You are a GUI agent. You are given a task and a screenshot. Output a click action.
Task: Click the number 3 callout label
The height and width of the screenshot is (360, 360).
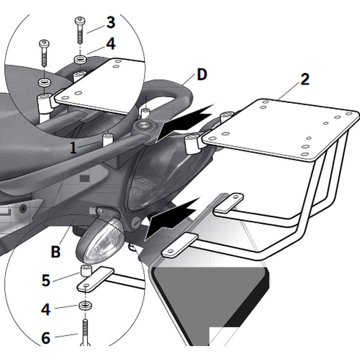click(111, 23)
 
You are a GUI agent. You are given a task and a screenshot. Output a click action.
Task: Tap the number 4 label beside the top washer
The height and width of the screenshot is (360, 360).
click(111, 44)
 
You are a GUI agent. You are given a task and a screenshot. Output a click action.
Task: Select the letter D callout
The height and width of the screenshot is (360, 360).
click(202, 75)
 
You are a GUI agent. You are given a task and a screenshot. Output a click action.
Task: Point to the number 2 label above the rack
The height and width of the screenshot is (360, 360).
click(305, 80)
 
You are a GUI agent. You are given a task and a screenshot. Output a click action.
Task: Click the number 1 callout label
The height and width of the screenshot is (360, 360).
click(73, 148)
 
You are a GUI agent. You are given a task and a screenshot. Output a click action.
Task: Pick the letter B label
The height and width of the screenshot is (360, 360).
click(55, 252)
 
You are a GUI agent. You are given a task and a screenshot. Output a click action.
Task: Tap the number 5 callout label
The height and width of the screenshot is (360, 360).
click(46, 280)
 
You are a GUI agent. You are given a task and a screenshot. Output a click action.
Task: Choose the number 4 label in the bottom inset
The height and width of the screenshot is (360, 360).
click(46, 310)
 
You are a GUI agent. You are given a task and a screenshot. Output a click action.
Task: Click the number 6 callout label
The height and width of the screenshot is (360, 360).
click(46, 337)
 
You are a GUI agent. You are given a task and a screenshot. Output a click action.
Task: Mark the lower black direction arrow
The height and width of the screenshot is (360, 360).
click(173, 216)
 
